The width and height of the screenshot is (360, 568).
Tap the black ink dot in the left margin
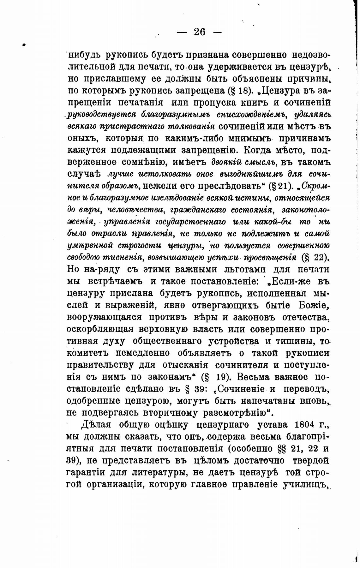point(24,45)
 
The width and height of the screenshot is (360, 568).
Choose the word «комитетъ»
point(87,353)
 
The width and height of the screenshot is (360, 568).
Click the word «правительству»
point(99,365)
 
